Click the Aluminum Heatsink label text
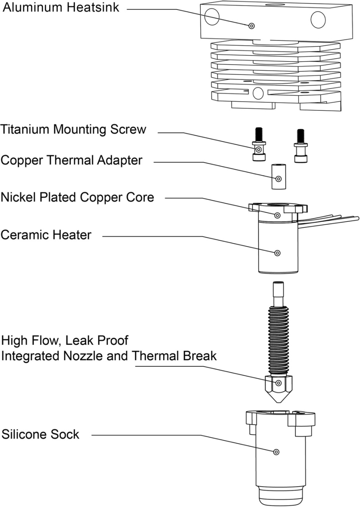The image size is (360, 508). pyautogui.click(x=61, y=8)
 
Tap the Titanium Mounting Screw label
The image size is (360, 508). pyautogui.click(x=73, y=129)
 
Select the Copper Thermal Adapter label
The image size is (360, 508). pyautogui.click(x=71, y=160)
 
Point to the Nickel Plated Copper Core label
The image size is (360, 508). pyautogui.click(x=77, y=197)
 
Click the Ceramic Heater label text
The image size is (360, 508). pyautogui.click(x=46, y=235)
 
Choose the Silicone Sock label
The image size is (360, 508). pyautogui.click(x=40, y=435)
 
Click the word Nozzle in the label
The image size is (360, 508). pyautogui.click(x=83, y=356)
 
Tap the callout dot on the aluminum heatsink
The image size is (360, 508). pyautogui.click(x=251, y=26)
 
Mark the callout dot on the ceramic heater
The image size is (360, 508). pyautogui.click(x=277, y=253)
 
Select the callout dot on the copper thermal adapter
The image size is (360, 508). pyautogui.click(x=279, y=179)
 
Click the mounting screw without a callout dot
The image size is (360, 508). pyautogui.click(x=301, y=146)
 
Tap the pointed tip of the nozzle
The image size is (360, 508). pyautogui.click(x=279, y=403)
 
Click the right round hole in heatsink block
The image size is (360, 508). pyautogui.click(x=318, y=19)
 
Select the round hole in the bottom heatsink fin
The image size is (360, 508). pyautogui.click(x=258, y=93)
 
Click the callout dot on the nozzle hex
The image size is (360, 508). pyautogui.click(x=279, y=383)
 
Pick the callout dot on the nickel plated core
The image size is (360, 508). pyautogui.click(x=277, y=215)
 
